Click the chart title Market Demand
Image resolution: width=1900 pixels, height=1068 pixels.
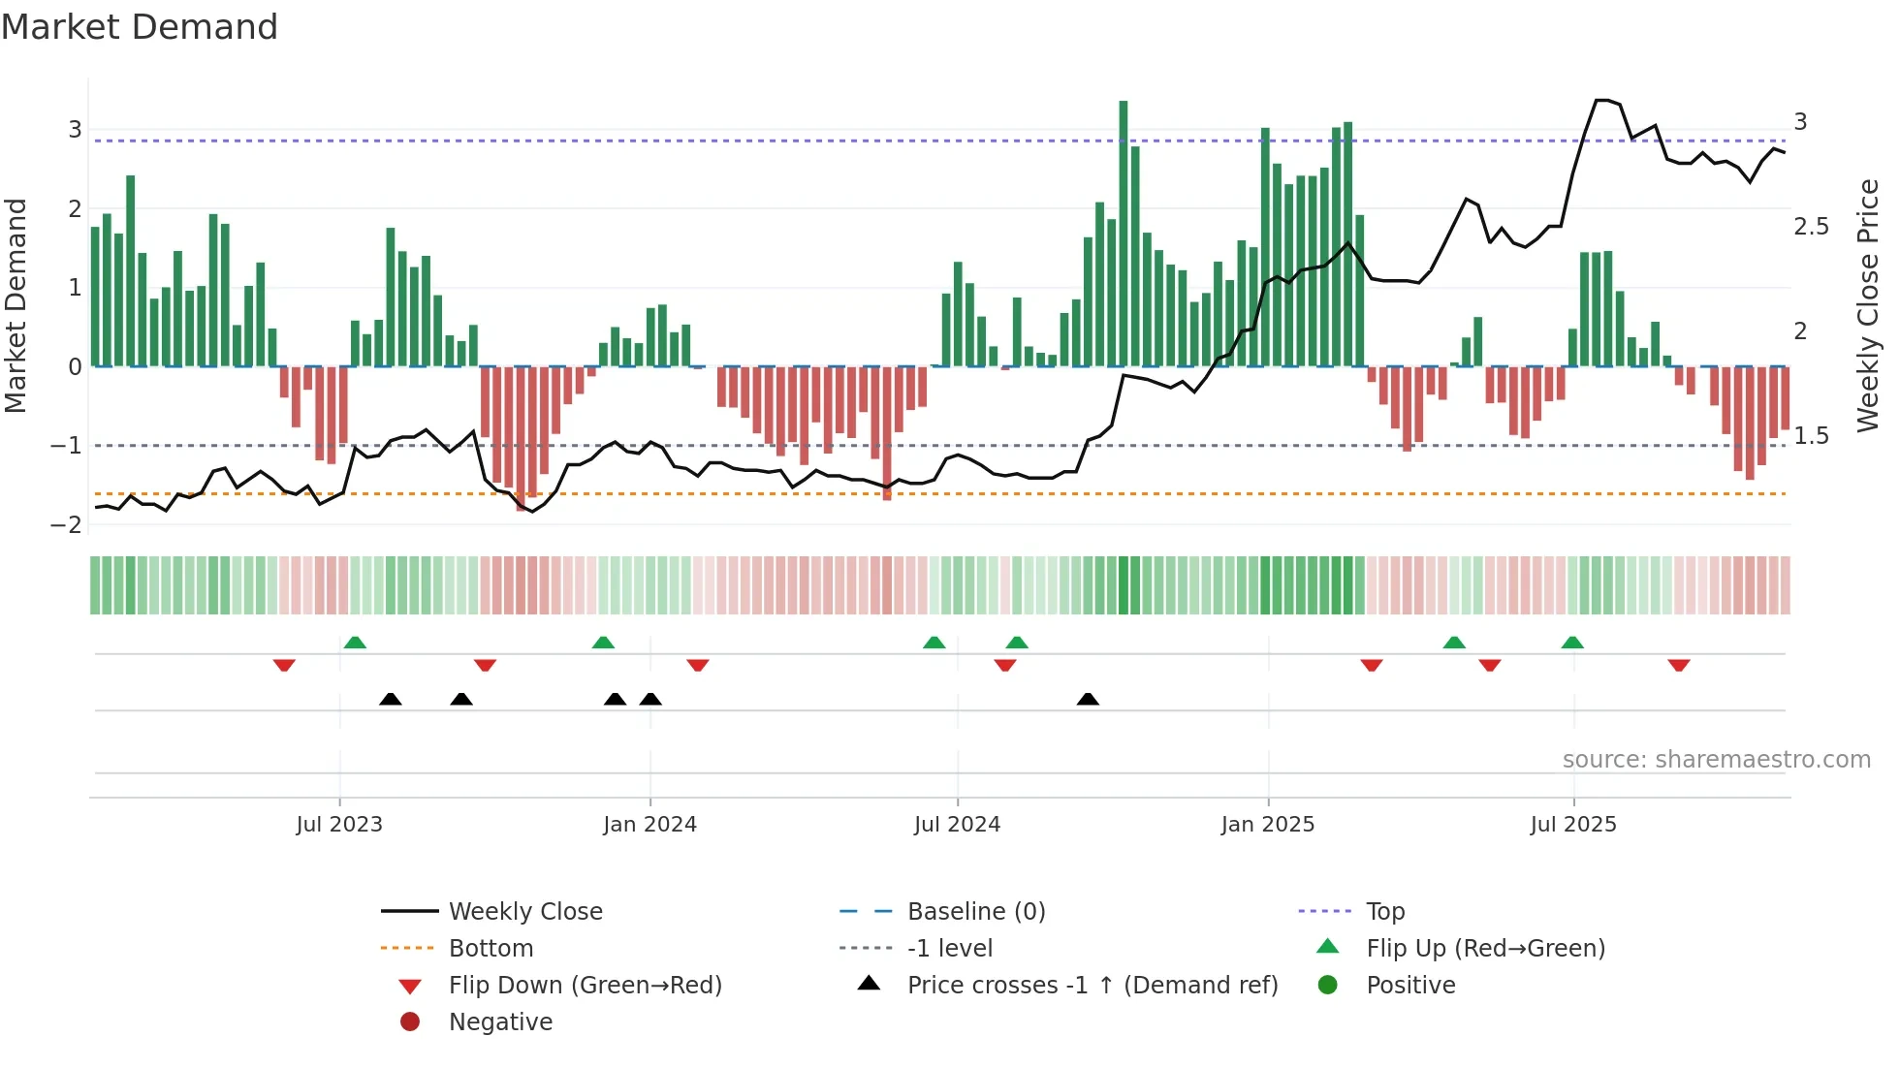coord(140,27)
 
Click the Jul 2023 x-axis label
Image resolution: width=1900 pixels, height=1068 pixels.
coord(339,825)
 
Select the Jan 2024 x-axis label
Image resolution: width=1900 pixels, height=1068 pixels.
coord(649,825)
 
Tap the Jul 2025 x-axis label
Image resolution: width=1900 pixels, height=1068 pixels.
coord(1573,825)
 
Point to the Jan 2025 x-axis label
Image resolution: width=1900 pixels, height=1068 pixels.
coord(1267,825)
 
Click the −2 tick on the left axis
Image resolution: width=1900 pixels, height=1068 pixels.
coord(66,525)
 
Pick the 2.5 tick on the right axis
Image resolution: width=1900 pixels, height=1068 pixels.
coord(1811,227)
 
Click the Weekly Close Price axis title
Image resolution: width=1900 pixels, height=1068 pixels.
coord(1867,305)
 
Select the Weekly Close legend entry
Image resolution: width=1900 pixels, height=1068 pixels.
coord(525,912)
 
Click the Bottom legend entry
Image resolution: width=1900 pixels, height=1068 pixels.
coord(491,949)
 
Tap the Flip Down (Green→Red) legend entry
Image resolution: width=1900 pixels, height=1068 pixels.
coord(585,986)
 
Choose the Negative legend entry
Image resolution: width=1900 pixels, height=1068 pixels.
coord(500,1022)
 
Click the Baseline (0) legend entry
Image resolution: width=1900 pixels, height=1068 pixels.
coord(976,912)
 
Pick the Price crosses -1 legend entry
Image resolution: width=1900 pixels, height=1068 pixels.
coord(1092,986)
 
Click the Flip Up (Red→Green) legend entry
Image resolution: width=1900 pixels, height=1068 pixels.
coord(1485,949)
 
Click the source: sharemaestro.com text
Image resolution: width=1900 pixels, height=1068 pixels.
coord(1716,760)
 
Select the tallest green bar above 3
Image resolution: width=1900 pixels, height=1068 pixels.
coord(1124,233)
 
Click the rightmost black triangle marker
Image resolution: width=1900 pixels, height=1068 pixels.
coord(1088,700)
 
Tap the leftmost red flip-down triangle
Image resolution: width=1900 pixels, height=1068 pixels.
coord(284,665)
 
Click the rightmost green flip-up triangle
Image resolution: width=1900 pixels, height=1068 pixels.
coord(1572,643)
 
